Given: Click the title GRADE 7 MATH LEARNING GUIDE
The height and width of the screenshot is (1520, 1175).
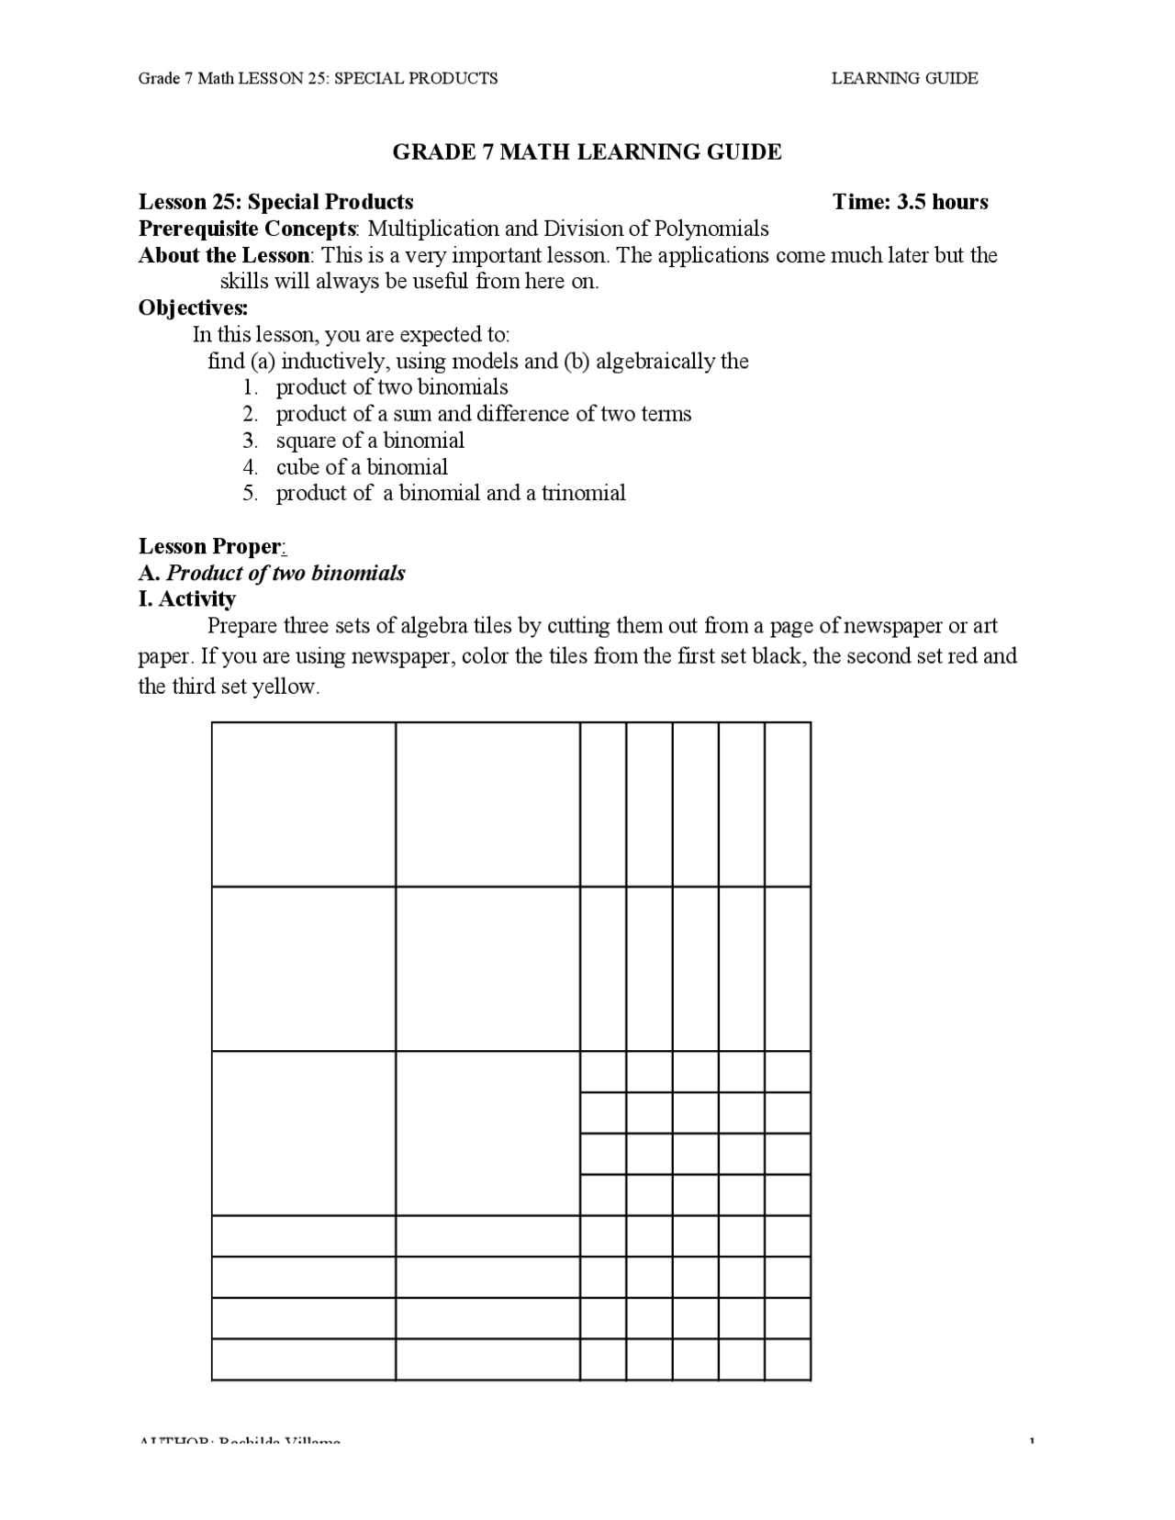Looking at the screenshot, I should pos(587,152).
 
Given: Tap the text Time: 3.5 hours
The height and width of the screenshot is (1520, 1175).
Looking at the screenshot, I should pos(910,202).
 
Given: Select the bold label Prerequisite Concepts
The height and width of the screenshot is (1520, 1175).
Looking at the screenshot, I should pos(247,229).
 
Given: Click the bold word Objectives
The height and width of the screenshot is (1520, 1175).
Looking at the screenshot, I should pos(193,307).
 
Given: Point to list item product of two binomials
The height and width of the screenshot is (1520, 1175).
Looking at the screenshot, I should pos(392,387).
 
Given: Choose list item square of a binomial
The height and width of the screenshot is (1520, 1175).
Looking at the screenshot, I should pos(370,441).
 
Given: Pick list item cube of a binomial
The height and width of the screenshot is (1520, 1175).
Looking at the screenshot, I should pos(362,467).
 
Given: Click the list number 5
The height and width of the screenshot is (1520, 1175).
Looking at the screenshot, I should pos(251,494).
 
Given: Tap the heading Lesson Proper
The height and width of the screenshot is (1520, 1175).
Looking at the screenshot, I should pos(209,547).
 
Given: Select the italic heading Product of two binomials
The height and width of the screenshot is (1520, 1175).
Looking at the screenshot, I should pos(285,574).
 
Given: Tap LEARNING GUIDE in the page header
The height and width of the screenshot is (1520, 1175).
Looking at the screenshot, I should pos(904,79).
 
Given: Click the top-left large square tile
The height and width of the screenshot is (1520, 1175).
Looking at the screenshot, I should pos(304,804).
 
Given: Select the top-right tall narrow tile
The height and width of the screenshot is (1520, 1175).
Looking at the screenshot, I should pos(788,804).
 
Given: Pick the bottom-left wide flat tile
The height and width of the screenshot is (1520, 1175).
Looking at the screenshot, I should pos(304,1359).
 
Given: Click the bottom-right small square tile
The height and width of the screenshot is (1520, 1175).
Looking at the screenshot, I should pos(788,1359).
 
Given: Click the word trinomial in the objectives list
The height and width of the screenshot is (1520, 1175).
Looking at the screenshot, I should pos(583,494).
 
